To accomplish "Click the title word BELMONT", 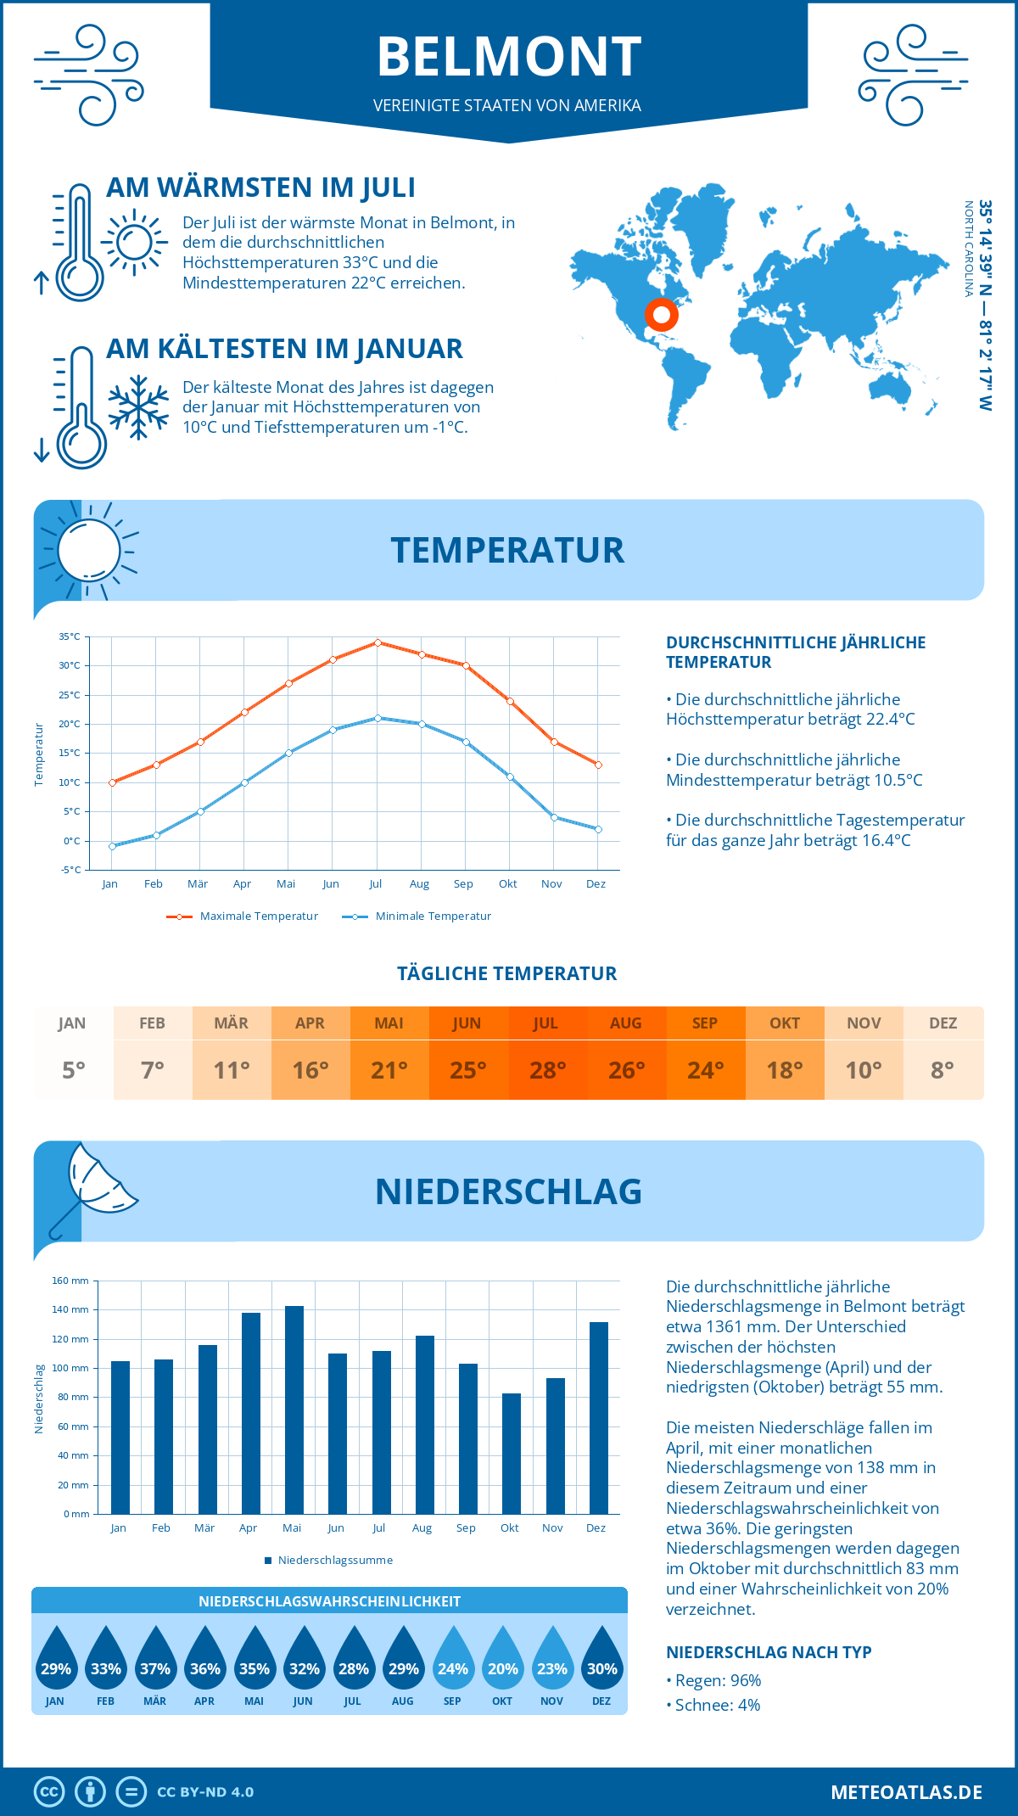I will [509, 57].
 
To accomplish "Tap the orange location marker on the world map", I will [661, 315].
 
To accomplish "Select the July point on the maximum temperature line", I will [378, 642].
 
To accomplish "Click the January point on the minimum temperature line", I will [112, 846].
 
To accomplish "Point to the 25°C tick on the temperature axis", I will [70, 695].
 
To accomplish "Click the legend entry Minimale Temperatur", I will [433, 916].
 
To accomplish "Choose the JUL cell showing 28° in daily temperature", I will [547, 1053].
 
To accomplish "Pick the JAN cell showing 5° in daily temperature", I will [74, 1053].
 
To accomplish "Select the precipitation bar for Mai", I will [294, 1410].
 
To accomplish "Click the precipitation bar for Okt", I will [512, 1453].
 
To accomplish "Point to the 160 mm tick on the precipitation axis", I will [71, 1281].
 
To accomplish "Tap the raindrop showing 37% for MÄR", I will [155, 1659].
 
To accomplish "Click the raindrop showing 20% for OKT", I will [502, 1659].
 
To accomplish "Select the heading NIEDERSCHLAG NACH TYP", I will [769, 1652].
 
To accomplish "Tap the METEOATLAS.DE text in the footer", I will [906, 1792].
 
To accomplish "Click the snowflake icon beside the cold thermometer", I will [138, 407].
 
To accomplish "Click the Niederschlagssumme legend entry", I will [334, 1560].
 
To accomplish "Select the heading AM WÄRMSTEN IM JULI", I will [260, 188].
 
